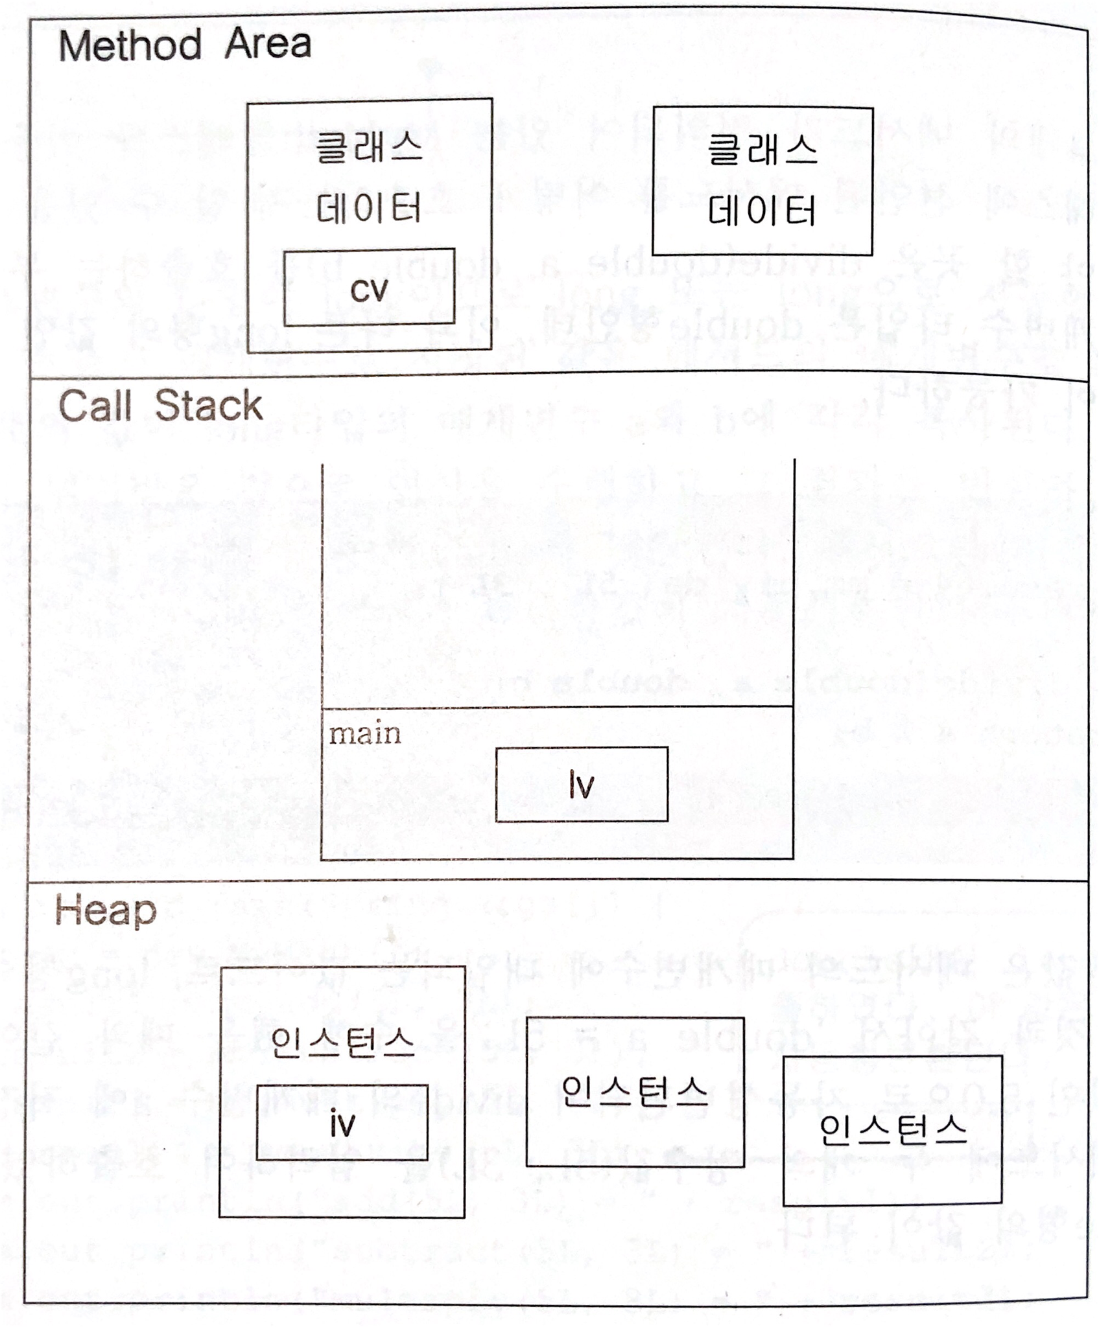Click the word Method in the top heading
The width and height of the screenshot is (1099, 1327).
click(x=130, y=46)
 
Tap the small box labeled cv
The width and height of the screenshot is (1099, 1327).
click(x=369, y=287)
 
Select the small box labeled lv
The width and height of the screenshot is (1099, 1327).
click(x=582, y=784)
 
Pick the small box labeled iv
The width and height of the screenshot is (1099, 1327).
click(x=342, y=1123)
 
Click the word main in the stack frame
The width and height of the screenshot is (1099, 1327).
click(x=365, y=734)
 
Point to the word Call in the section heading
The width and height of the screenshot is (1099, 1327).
click(x=95, y=407)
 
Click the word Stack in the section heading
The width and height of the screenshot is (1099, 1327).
click(x=208, y=406)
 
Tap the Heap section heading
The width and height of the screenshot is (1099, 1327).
click(x=106, y=912)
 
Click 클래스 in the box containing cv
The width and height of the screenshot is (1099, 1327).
click(x=369, y=148)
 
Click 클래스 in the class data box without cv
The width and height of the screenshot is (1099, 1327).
click(x=762, y=152)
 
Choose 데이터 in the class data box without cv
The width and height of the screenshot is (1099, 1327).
click(x=762, y=211)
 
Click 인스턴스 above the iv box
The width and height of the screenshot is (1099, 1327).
click(x=342, y=1043)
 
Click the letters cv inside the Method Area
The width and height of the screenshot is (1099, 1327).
click(x=369, y=290)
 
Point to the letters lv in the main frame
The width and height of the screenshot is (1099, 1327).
click(x=582, y=785)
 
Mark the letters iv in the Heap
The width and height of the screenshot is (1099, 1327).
click(x=342, y=1124)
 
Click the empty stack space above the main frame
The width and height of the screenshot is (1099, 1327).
click(x=558, y=583)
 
